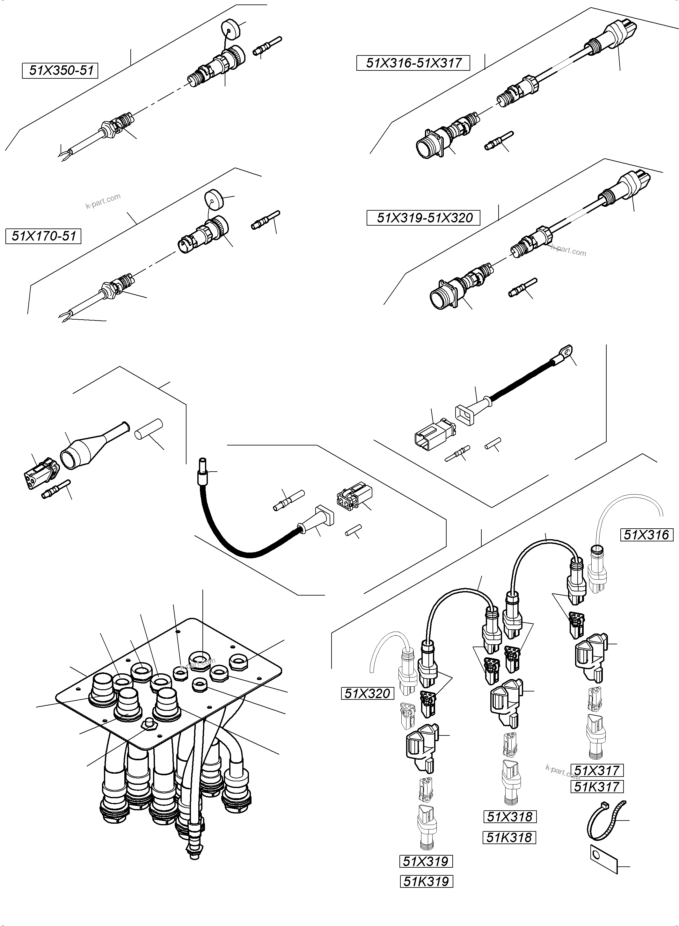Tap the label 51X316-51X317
click(413, 63)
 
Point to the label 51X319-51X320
click(423, 217)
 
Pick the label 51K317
click(597, 787)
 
